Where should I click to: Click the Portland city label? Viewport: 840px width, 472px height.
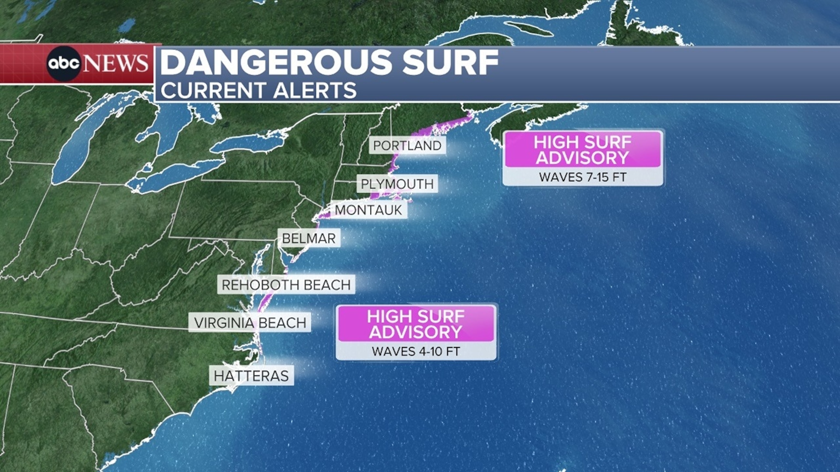point(407,146)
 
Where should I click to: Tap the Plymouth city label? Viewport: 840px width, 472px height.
point(397,184)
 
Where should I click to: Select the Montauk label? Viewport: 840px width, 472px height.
point(369,210)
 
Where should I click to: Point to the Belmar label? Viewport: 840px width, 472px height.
point(309,238)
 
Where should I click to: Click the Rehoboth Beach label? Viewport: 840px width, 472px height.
point(286,285)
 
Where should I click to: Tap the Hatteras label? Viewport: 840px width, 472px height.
point(251,376)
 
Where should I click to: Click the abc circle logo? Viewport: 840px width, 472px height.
point(64,64)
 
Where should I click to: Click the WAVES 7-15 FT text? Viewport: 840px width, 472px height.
point(583,177)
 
